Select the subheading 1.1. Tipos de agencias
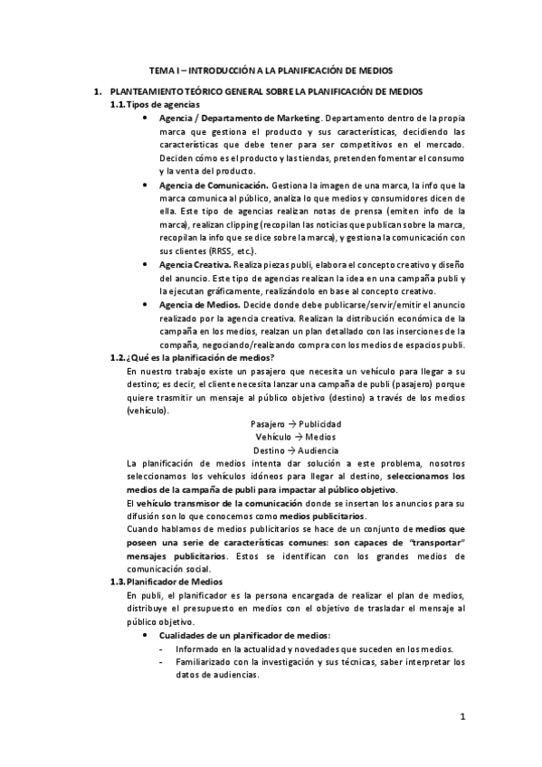tap(156, 105)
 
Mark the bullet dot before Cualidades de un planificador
tap(147, 634)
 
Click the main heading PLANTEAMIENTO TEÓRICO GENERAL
tap(271, 92)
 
